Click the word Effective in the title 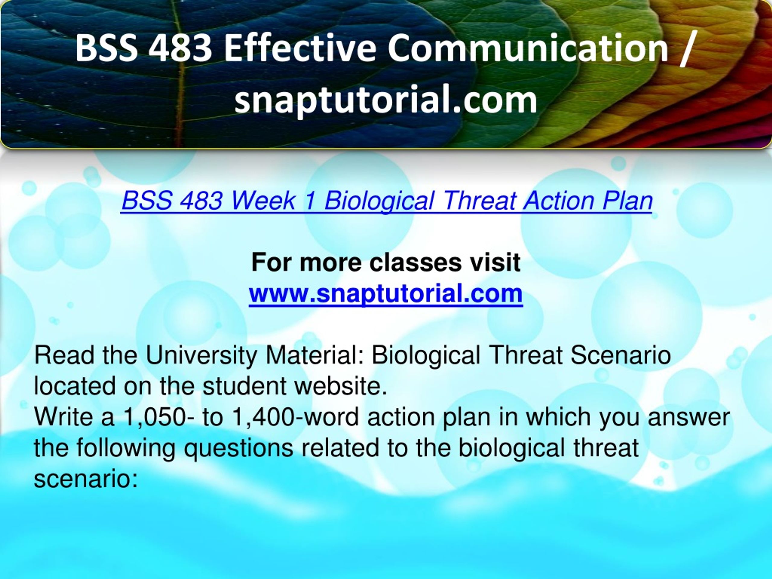point(300,49)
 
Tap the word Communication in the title point(527,49)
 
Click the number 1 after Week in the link point(310,201)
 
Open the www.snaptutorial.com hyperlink point(386,294)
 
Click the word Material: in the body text point(315,356)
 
